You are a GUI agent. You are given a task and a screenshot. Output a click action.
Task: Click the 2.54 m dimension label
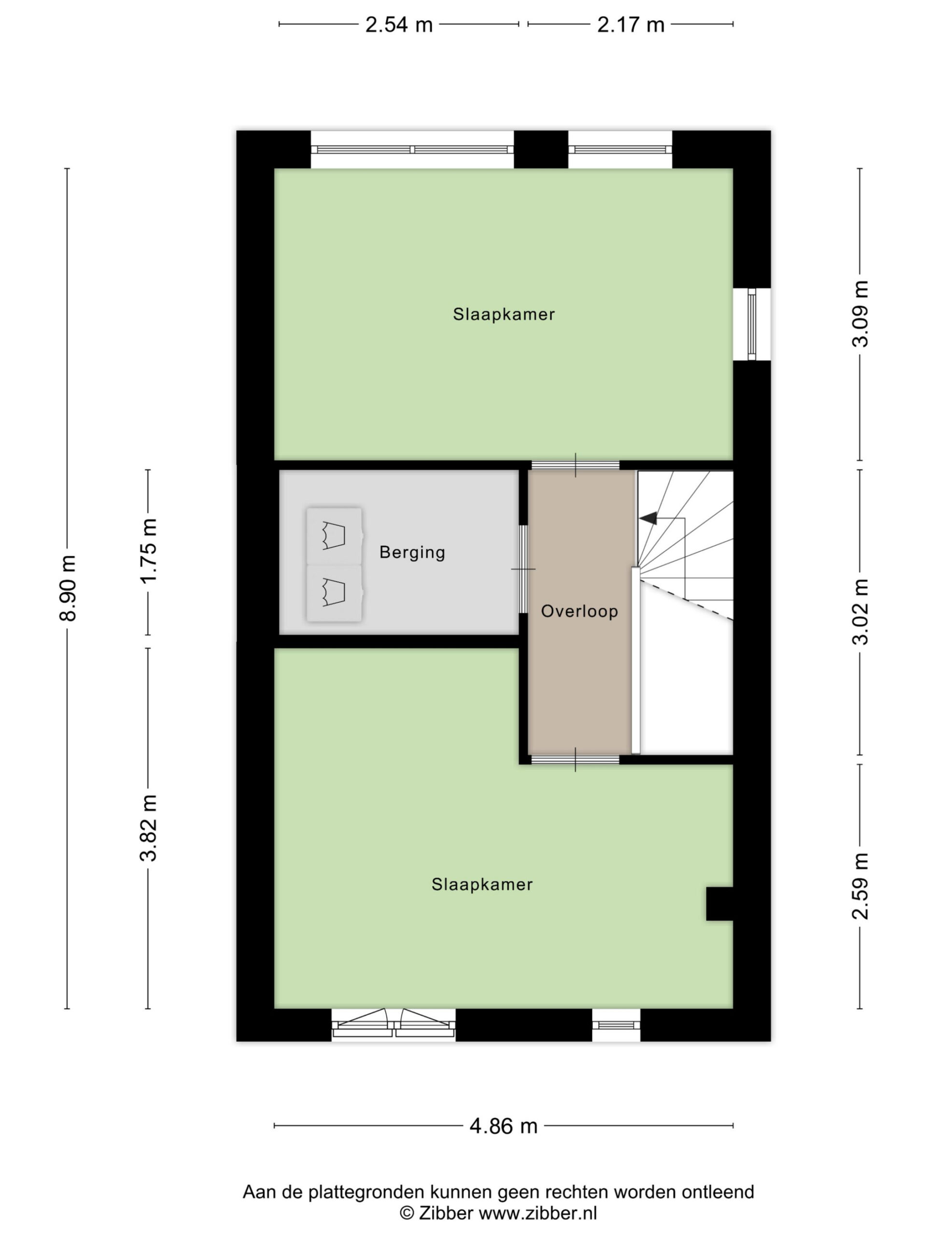tap(399, 25)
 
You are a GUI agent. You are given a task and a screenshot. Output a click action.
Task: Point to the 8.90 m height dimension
tap(68, 588)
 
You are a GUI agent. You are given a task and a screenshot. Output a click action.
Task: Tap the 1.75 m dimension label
tap(148, 551)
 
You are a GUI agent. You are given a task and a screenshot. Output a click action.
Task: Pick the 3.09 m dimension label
tap(860, 313)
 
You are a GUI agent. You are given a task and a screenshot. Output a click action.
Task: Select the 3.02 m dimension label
tap(860, 612)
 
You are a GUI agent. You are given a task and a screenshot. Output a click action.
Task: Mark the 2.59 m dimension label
tap(860, 886)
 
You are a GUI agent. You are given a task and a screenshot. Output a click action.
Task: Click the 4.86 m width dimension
tap(504, 1126)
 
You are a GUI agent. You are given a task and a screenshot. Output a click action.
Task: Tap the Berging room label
tap(412, 553)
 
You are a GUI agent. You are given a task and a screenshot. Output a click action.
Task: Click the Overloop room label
tap(579, 611)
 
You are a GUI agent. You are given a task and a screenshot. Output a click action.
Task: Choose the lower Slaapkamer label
tap(482, 884)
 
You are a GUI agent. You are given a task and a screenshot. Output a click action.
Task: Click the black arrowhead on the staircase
tap(647, 518)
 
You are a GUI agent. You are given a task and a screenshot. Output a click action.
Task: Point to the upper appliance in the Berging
tap(334, 536)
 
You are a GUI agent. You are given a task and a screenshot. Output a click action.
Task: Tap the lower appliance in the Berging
tap(334, 593)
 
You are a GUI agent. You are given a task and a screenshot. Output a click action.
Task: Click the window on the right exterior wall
tap(752, 324)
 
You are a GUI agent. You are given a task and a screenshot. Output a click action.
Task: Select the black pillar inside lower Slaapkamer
tap(720, 903)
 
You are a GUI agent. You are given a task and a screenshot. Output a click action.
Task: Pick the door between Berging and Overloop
tap(523, 569)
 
